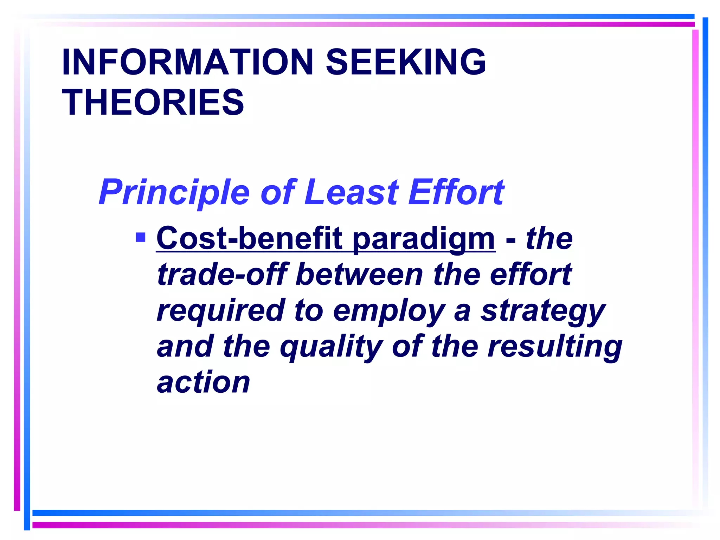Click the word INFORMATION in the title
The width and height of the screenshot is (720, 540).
187,62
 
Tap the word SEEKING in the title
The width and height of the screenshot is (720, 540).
406,62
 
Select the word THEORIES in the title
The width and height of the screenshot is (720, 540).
153,103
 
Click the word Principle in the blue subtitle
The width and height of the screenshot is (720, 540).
174,192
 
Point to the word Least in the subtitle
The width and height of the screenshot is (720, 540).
352,192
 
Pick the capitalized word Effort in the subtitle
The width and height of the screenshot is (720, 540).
456,192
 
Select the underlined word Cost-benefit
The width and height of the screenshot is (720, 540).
249,239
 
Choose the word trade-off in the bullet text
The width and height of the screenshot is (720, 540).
222,275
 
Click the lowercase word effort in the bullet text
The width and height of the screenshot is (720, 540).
531,275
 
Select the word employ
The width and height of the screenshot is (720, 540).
389,311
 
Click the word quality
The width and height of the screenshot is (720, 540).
331,347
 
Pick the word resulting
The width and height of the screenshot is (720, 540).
555,347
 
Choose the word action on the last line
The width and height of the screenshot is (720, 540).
204,383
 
